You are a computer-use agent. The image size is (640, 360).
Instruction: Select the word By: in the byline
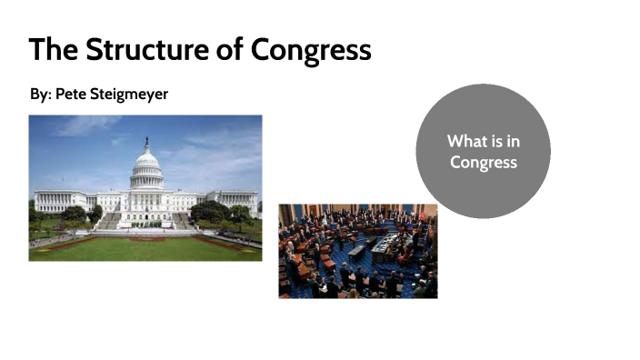pyautogui.click(x=40, y=94)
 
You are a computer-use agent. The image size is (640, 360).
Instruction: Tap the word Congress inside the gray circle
pyautogui.click(x=483, y=163)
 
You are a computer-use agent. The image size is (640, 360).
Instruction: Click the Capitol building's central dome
pyautogui.click(x=145, y=168)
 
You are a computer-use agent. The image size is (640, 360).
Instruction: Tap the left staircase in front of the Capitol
pyautogui.click(x=110, y=221)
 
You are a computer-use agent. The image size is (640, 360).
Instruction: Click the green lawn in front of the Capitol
pyautogui.click(x=145, y=246)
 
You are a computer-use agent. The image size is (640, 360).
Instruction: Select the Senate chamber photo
pyautogui.click(x=357, y=251)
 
